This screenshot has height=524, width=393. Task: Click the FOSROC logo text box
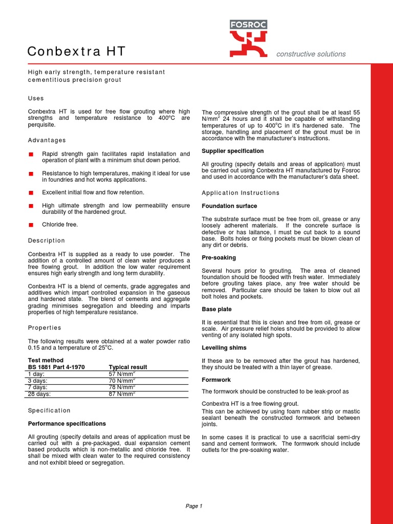[248, 25]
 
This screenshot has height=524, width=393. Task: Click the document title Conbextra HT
[76, 52]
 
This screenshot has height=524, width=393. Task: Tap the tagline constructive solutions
[311, 54]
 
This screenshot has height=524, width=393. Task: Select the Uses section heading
[36, 98]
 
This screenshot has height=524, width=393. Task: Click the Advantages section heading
[47, 140]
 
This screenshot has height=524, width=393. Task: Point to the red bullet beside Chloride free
[31, 225]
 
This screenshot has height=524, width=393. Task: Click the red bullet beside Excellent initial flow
[31, 192]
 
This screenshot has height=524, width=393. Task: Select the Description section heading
[47, 241]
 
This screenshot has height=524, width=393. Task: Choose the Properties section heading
[45, 327]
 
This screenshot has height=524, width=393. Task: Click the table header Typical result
[128, 367]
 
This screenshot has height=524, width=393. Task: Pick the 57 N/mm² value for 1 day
[122, 374]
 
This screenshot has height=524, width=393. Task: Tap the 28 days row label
[40, 394]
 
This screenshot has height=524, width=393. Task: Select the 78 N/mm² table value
[122, 387]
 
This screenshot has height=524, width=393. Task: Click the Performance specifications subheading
[67, 424]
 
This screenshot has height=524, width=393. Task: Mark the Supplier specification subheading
[233, 151]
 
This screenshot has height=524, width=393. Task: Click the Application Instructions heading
[241, 193]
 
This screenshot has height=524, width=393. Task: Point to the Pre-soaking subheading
[219, 258]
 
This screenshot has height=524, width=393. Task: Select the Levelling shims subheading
[224, 348]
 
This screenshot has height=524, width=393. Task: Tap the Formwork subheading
[216, 380]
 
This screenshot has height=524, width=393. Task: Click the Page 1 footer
[194, 506]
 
